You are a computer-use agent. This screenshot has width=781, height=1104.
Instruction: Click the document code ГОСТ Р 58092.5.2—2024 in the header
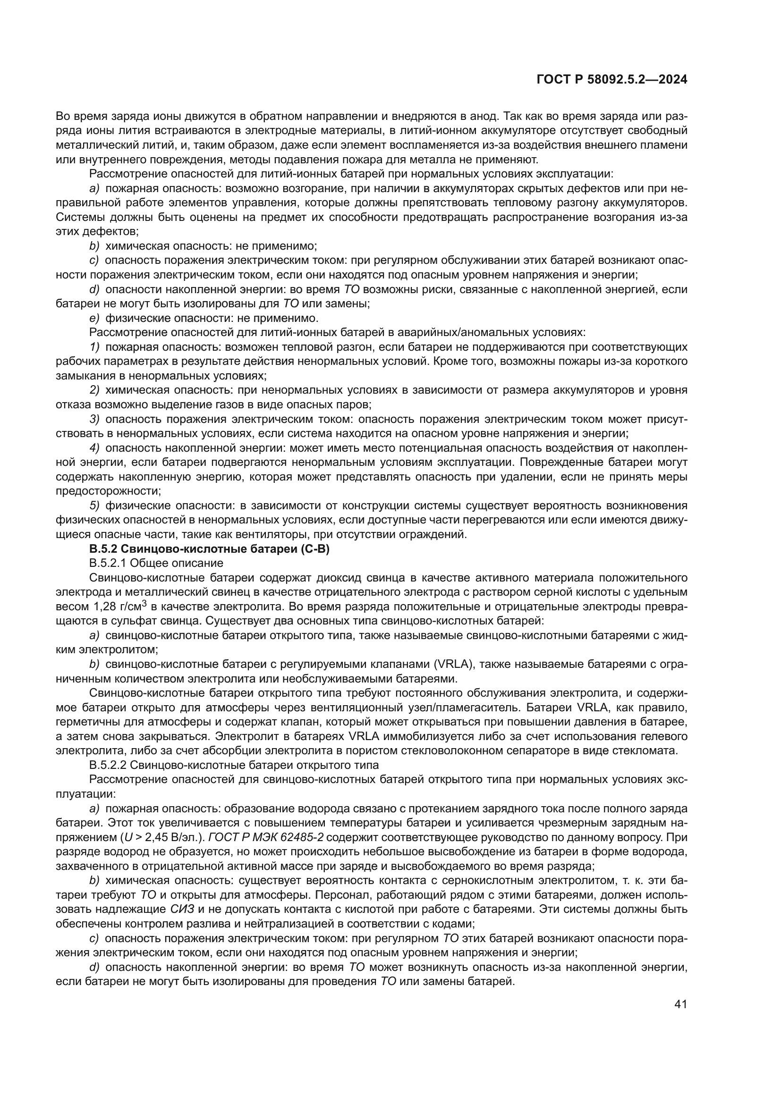(x=611, y=80)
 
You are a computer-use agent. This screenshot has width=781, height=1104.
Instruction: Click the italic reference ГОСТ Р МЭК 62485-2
(x=266, y=837)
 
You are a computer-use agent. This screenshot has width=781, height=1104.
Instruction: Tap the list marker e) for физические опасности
(x=94, y=318)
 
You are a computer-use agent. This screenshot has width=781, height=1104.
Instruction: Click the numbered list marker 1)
(x=94, y=347)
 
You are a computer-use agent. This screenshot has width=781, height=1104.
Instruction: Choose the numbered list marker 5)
(x=94, y=506)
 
